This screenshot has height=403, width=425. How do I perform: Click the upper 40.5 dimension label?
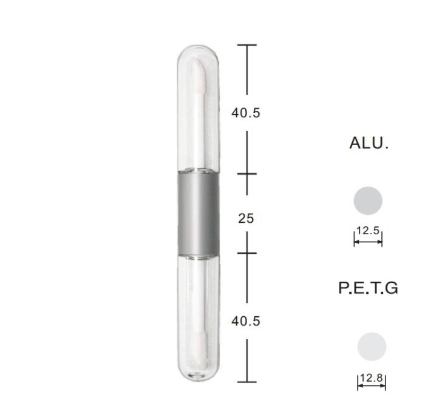246,113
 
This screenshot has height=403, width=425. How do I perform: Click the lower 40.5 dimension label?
246,321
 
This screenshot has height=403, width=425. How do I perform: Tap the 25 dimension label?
246,218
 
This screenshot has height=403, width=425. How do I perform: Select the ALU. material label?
369,143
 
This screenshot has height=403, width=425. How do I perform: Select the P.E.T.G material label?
369,288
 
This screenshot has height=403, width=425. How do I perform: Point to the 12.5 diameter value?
368,231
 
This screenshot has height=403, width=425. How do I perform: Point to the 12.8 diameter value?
372,378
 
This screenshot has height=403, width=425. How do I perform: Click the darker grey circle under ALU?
368,201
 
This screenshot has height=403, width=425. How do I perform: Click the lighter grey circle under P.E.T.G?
372,347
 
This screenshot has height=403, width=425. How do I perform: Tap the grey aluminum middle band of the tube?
198,214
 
